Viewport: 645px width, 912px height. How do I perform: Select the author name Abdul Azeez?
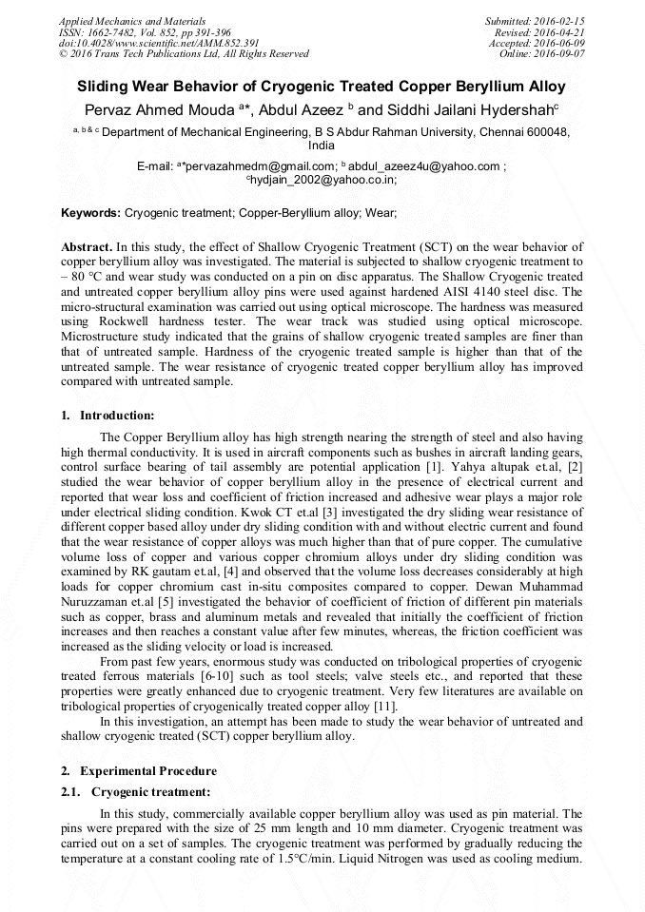311,108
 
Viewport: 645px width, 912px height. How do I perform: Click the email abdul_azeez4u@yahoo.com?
423,167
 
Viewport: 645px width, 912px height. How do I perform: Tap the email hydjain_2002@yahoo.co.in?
323,179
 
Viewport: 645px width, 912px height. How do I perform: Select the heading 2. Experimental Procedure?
139,771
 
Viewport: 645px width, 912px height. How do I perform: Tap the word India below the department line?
322,146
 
